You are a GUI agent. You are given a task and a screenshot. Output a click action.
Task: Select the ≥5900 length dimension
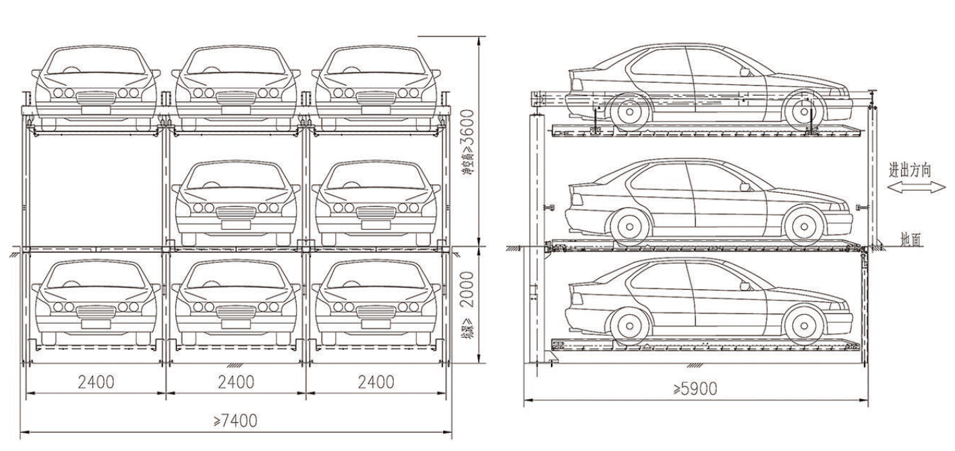[x=695, y=389]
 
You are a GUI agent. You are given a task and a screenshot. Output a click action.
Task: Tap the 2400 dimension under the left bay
[x=95, y=382]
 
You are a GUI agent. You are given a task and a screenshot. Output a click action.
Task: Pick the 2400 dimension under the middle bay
[x=236, y=382]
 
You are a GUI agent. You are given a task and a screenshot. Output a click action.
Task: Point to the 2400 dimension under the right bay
[x=376, y=382]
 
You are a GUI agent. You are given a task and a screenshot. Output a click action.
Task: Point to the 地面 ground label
[x=915, y=238]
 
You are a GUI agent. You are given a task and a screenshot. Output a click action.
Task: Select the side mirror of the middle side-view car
[x=745, y=186]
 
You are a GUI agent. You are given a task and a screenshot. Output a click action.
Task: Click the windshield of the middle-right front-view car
[x=376, y=177]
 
